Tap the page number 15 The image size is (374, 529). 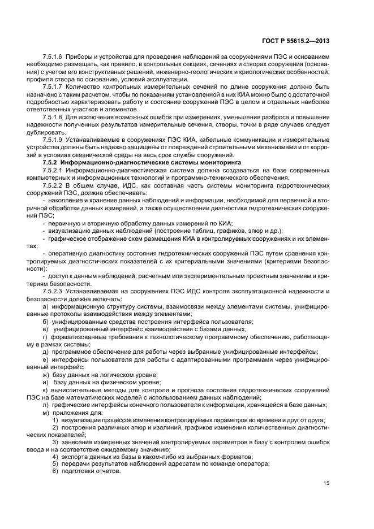pyautogui.click(x=326, y=483)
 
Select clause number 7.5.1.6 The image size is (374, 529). pyautogui.click(x=53, y=58)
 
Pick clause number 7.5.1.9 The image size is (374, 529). pyautogui.click(x=53, y=140)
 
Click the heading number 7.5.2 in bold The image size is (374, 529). pyautogui.click(x=50, y=162)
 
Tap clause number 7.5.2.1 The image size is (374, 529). pyautogui.click(x=53, y=170)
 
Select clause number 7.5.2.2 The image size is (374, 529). pyautogui.click(x=53, y=185)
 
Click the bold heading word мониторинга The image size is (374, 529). pyautogui.click(x=221, y=162)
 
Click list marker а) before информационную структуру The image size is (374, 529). pyautogui.click(x=45, y=306)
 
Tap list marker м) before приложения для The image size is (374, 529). pyautogui.click(x=46, y=413)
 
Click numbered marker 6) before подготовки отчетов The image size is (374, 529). pyautogui.click(x=55, y=471)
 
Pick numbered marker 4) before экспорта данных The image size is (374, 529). pyautogui.click(x=55, y=457)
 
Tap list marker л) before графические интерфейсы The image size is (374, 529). pyautogui.click(x=45, y=405)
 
